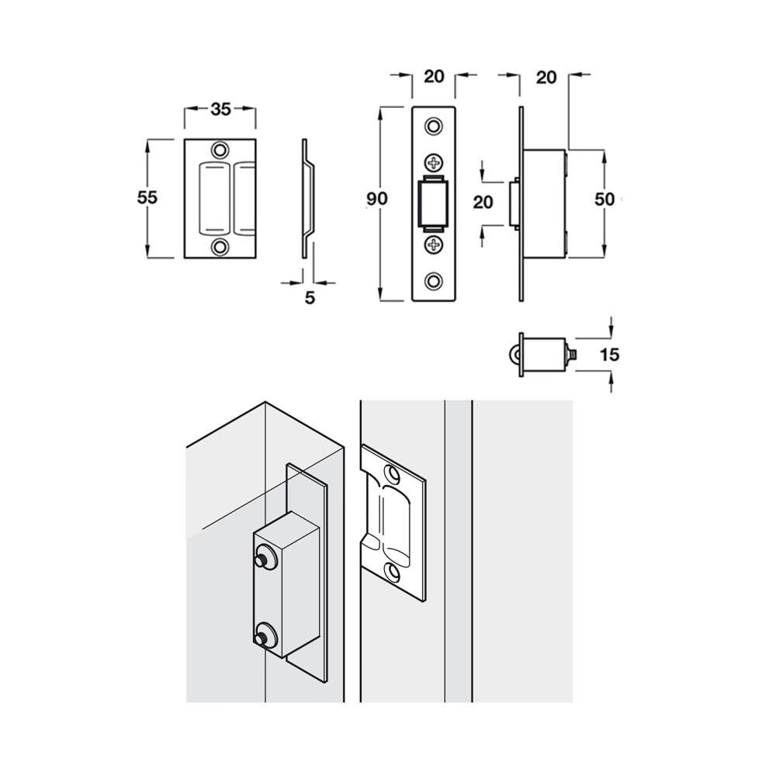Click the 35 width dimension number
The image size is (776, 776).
click(x=220, y=109)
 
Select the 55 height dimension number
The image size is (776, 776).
click(x=147, y=197)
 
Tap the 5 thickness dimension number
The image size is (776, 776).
click(x=310, y=297)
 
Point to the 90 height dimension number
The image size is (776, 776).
click(x=377, y=199)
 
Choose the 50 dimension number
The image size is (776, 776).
click(x=605, y=199)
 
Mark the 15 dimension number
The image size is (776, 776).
click(x=611, y=355)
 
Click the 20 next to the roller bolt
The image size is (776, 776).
click(x=483, y=203)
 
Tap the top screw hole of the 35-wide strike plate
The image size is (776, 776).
click(x=221, y=149)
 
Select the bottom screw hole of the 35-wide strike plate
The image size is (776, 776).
click(x=221, y=248)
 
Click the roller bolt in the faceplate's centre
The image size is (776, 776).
click(x=433, y=204)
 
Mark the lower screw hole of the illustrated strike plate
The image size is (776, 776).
click(x=395, y=573)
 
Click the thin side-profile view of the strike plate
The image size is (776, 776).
click(x=307, y=198)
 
